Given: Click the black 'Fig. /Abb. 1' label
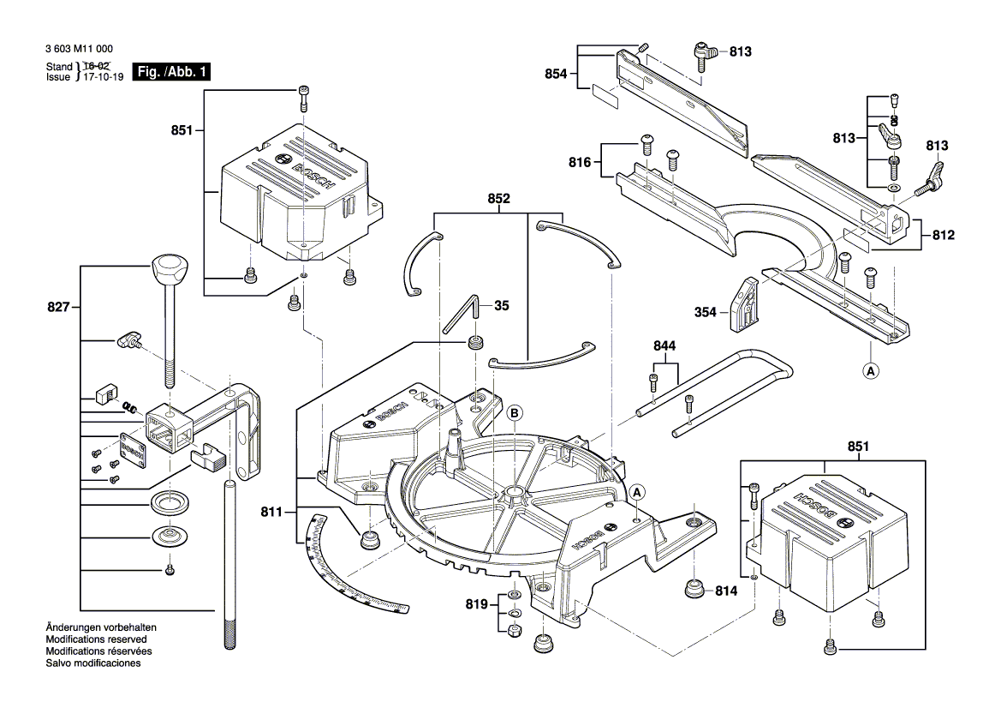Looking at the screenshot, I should (x=172, y=72).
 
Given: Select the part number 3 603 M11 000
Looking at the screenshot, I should (x=79, y=51).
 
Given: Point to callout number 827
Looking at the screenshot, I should (x=58, y=306).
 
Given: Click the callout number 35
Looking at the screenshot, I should (x=502, y=304).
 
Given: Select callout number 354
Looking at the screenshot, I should (x=706, y=314).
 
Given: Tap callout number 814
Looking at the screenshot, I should (x=726, y=591).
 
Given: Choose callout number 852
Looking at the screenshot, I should (x=499, y=198).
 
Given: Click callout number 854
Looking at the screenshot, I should (x=557, y=75).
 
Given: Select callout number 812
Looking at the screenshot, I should (x=942, y=235).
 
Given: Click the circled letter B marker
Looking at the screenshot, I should (x=515, y=411).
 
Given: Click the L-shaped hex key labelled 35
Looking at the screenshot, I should (x=463, y=315).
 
